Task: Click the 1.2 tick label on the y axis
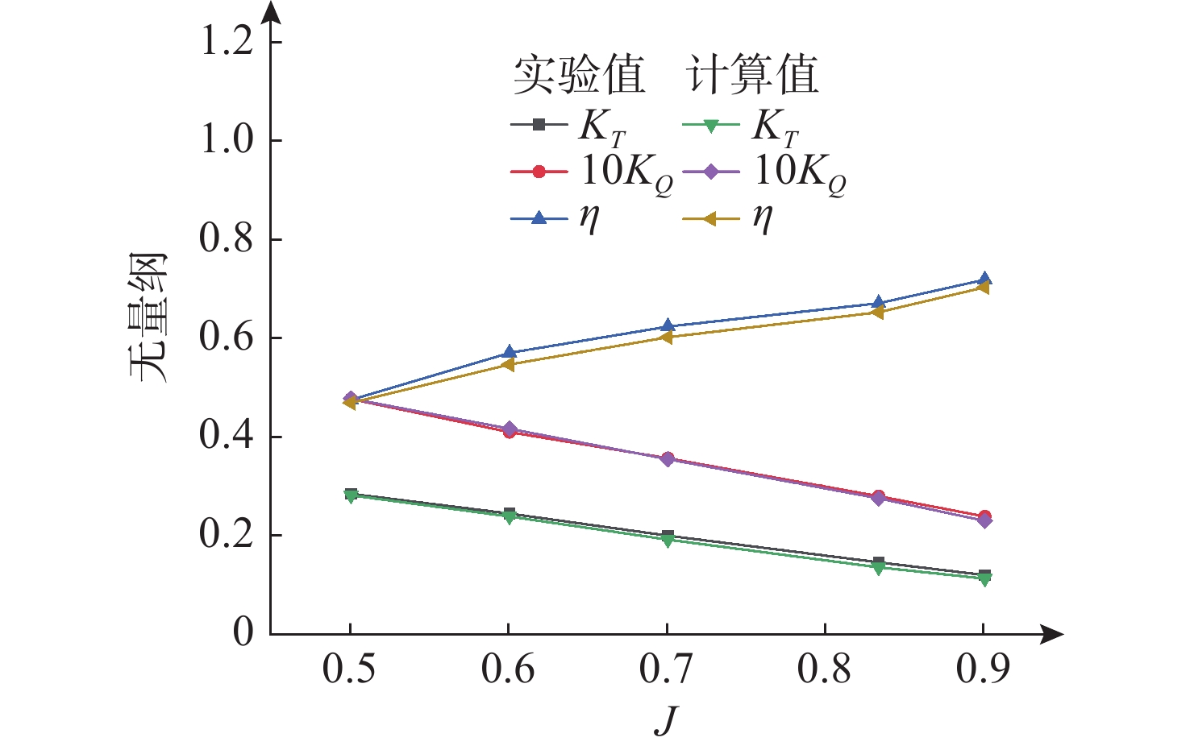pos(226,42)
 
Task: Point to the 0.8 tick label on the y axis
pos(226,239)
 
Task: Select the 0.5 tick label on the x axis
pos(349,669)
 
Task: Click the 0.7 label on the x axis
pos(666,669)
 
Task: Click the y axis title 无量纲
pos(148,317)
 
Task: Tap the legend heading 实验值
pos(579,76)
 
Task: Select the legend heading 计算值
pos(752,76)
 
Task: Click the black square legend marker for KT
pos(539,124)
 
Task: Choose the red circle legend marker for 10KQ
pos(539,172)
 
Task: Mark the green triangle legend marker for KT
pos(711,125)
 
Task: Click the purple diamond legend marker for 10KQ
pos(711,172)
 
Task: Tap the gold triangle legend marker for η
pos(711,218)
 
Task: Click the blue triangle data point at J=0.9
pos(984,280)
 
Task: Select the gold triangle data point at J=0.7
pos(667,337)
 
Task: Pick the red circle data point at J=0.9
pos(984,516)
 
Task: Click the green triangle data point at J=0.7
pos(667,541)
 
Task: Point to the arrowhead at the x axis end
pos(1053,634)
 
